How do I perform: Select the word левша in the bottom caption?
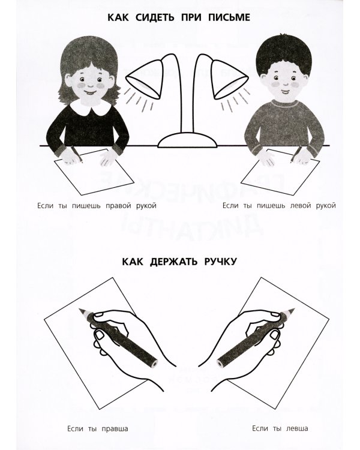pos(294,428)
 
